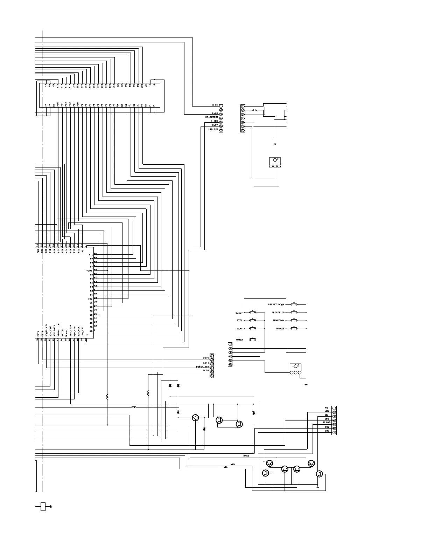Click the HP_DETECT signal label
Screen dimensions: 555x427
click(212, 117)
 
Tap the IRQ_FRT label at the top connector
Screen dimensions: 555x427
click(213, 129)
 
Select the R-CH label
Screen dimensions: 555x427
click(215, 105)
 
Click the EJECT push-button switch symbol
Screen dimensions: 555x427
click(252, 312)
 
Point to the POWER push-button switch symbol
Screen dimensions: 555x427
click(252, 340)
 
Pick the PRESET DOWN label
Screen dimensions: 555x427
click(276, 304)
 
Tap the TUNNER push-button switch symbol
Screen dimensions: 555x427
click(295, 329)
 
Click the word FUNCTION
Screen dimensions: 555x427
click(279, 321)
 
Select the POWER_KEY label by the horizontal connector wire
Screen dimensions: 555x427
click(202, 366)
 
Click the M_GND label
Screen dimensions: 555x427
click(327, 423)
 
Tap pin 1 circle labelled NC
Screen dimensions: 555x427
click(334, 408)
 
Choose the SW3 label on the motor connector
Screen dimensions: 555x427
click(327, 419)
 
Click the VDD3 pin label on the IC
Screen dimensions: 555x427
click(89, 270)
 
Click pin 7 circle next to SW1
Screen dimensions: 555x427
click(334, 433)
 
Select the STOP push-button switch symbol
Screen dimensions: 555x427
click(252, 320)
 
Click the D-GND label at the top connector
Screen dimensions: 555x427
click(215, 121)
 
